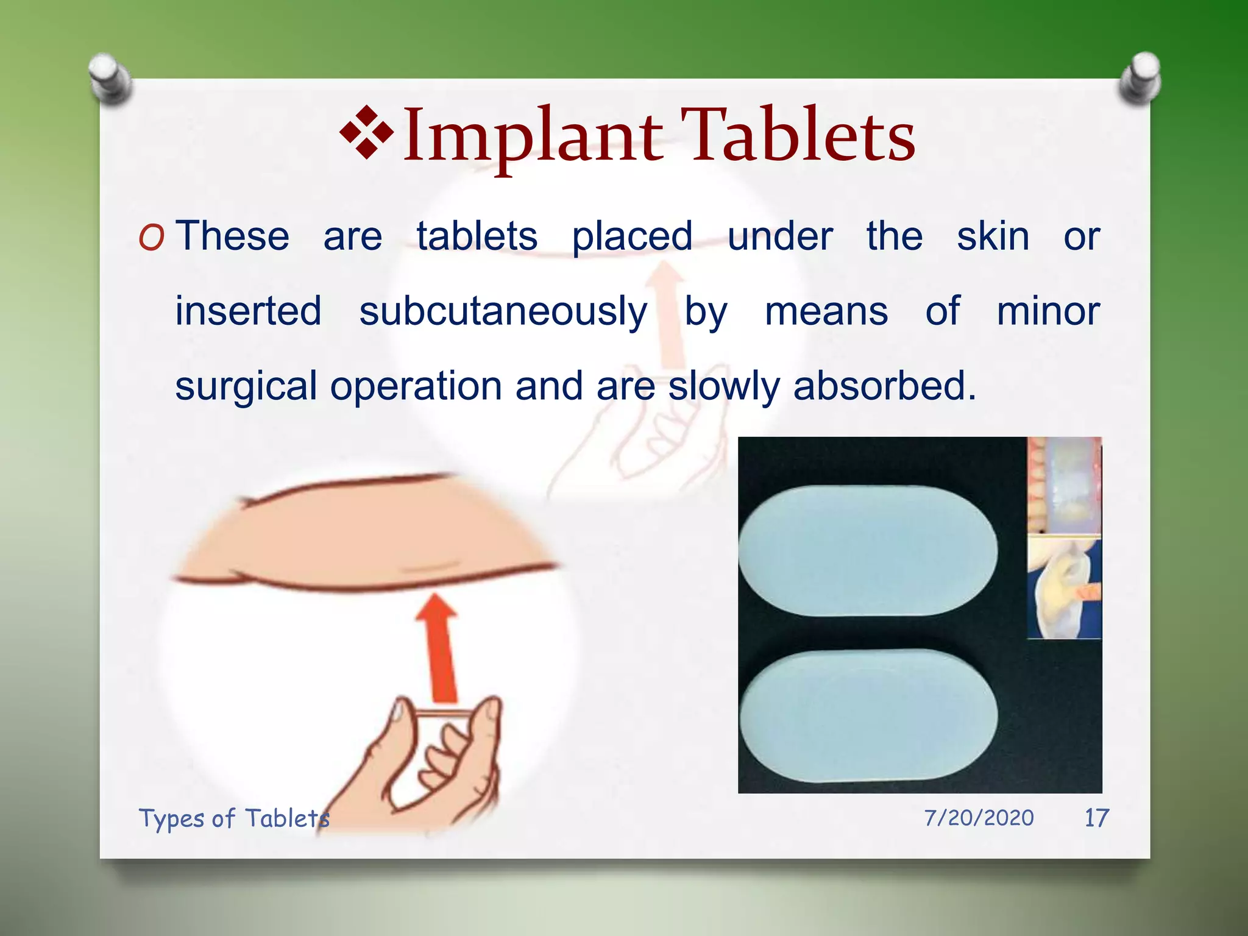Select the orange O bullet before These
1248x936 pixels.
(151, 238)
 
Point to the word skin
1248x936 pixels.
(993, 236)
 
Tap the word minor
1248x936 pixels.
(1048, 311)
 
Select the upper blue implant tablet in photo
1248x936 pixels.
(868, 550)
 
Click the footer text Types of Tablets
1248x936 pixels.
(234, 818)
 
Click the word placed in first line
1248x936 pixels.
(632, 236)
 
